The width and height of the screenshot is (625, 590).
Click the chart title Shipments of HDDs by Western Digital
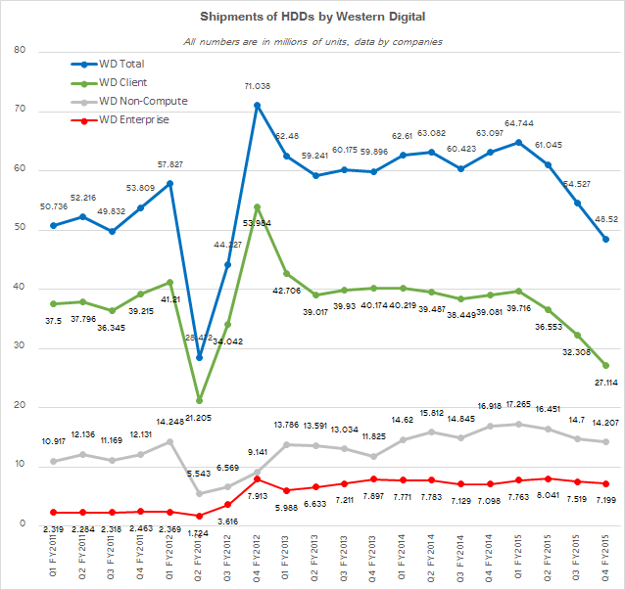(x=313, y=17)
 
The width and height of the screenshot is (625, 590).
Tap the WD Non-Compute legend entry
(x=142, y=101)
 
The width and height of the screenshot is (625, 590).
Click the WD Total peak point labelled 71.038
(x=257, y=106)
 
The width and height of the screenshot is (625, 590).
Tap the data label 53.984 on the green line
(x=256, y=222)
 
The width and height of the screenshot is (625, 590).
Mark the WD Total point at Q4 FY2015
(x=606, y=239)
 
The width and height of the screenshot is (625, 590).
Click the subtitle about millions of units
(x=313, y=41)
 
